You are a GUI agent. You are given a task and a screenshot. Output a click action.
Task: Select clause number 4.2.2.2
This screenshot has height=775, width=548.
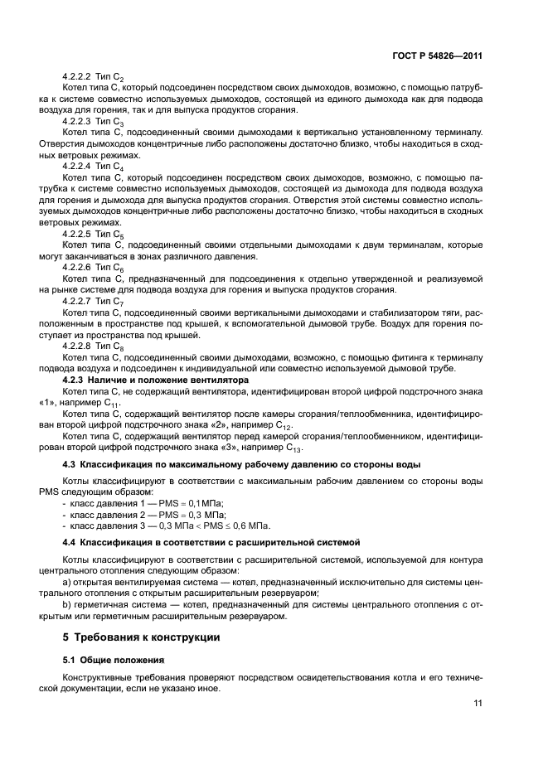(80, 76)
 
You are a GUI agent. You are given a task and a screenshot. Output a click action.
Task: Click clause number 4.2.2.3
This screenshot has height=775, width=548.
(80, 120)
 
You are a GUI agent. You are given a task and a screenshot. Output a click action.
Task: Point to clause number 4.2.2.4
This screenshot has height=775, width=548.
(80, 165)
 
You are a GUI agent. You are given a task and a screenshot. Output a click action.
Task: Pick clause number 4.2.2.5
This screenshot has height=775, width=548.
(80, 234)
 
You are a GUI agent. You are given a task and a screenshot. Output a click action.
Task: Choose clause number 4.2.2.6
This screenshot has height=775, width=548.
(80, 268)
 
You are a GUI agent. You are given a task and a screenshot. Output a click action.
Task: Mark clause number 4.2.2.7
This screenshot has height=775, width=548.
(80, 301)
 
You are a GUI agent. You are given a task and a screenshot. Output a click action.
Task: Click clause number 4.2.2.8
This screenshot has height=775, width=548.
(80, 346)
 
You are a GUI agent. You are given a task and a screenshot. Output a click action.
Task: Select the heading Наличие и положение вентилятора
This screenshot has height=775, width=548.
(167, 379)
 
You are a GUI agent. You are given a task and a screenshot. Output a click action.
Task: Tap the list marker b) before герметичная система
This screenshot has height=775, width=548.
(67, 604)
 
